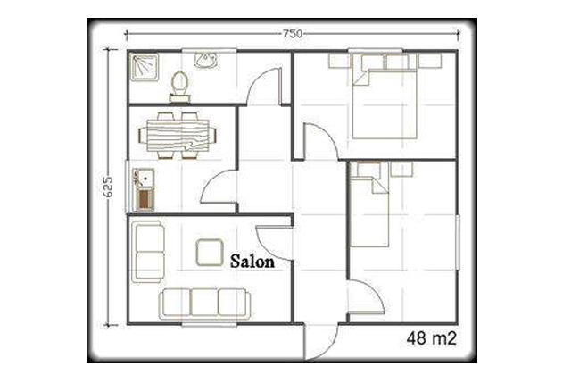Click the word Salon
click(x=252, y=262)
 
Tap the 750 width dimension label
click(x=293, y=34)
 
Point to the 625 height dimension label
click(x=108, y=187)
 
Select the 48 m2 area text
click(x=431, y=338)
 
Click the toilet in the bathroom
click(x=180, y=87)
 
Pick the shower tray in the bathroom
click(x=145, y=67)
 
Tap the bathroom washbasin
click(x=206, y=60)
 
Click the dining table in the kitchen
click(x=178, y=136)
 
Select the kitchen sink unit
click(x=144, y=189)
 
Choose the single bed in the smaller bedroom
click(x=369, y=205)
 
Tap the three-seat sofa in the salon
click(x=204, y=304)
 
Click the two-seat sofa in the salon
click(x=148, y=252)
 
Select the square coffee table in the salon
click(x=210, y=252)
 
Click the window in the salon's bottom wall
click(x=210, y=324)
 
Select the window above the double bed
click(x=375, y=51)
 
